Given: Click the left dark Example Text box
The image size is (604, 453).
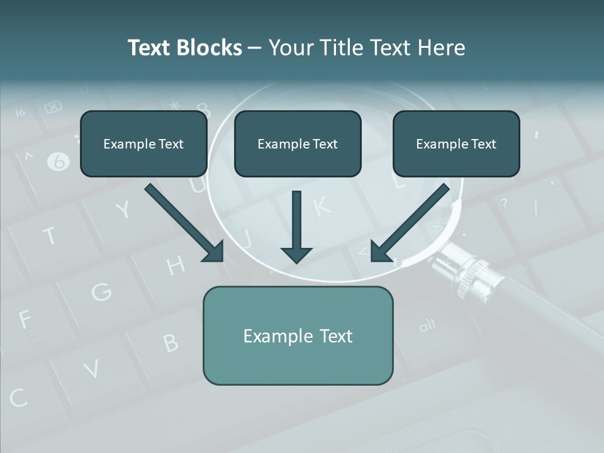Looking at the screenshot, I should click(143, 144).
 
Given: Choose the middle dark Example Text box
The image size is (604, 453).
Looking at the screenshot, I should click(298, 144).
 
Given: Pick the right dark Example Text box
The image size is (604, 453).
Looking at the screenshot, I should click(456, 144).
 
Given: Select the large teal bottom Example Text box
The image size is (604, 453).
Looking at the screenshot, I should click(298, 335).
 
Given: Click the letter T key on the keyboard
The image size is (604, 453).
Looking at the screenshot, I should click(50, 237).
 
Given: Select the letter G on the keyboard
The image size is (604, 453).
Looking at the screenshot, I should click(101, 291).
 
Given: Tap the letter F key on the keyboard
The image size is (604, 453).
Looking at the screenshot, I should click(25, 320).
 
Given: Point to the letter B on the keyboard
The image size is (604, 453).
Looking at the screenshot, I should click(171, 342).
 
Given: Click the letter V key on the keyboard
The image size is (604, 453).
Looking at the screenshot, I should click(92, 369).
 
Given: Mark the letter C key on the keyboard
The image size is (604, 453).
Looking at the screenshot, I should click(18, 398).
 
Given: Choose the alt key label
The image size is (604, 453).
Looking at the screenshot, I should click(427, 325).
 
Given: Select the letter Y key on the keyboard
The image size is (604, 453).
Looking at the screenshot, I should click(123, 210).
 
